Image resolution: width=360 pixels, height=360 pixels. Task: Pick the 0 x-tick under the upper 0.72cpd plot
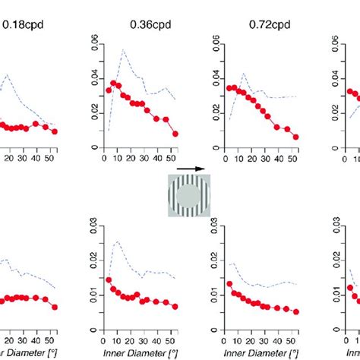(x=224, y=159)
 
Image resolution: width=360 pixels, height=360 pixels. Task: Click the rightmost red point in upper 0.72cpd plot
(x=295, y=137)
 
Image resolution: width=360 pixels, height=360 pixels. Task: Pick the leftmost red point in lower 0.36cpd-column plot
(x=108, y=280)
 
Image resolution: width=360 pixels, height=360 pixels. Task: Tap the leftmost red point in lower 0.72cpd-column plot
(x=228, y=284)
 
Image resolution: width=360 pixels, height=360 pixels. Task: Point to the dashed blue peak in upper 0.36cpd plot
(x=122, y=52)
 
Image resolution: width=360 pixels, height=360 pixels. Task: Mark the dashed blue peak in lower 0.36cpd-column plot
(x=116, y=242)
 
